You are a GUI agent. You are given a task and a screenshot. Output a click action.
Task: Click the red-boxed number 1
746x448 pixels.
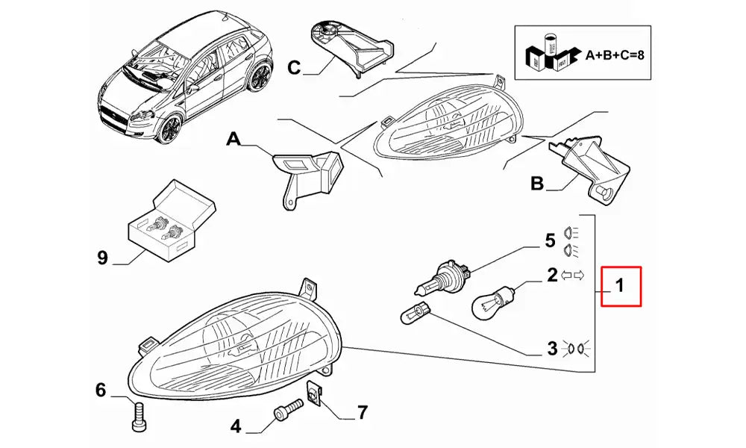click(x=621, y=285)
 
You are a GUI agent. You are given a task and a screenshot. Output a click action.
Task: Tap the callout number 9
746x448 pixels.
click(x=103, y=258)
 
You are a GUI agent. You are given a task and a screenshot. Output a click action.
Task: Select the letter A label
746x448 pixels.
click(x=233, y=140)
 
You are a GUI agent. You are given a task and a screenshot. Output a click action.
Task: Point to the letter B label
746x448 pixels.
click(x=537, y=183)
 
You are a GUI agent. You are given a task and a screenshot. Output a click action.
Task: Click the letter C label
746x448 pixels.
click(x=294, y=68)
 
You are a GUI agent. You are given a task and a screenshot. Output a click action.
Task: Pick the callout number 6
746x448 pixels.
click(x=101, y=389)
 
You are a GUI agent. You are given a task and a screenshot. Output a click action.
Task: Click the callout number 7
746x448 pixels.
click(x=362, y=411)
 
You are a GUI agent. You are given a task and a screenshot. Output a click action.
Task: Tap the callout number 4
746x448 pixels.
click(x=236, y=426)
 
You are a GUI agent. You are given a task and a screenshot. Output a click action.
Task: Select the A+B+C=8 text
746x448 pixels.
click(x=614, y=55)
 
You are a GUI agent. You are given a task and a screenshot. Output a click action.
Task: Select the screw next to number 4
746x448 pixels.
click(x=287, y=410)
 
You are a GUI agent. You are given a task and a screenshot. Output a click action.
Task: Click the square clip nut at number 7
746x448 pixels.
click(x=315, y=396)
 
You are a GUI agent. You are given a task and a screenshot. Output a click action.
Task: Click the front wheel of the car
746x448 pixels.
click(x=169, y=130)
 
